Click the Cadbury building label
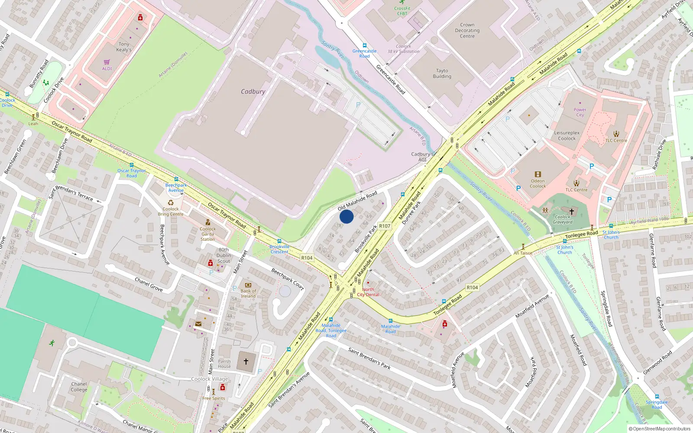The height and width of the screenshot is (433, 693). pos(253,91)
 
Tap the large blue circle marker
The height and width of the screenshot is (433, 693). pos(346,216)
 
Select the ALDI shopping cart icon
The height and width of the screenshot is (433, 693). pos(107,62)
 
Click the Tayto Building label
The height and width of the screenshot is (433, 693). pos(442,74)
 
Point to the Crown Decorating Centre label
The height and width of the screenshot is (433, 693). pos(467,31)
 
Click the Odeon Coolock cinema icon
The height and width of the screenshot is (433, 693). pos(538,174)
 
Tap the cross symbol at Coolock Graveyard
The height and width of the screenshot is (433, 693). pos(571,212)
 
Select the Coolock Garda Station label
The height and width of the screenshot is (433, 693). pos(207,234)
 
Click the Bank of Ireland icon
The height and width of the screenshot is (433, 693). pos(248,285)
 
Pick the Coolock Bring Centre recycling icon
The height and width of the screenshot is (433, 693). pos(171,202)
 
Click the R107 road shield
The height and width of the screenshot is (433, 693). pos(385,226)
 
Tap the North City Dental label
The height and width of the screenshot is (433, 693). pos(368,292)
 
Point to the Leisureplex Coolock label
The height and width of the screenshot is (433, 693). pos(567,136)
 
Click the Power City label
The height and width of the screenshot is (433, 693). pos(580,112)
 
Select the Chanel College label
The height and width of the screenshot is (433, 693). pos(79,387)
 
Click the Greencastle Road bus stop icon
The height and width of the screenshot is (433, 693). pos(364,45)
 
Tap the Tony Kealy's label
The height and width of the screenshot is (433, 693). pos(124,47)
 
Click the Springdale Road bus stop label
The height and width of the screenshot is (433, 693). pos(657,404)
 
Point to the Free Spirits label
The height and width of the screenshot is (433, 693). pos(214,398)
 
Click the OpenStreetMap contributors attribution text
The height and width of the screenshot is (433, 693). pos(660,429)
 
